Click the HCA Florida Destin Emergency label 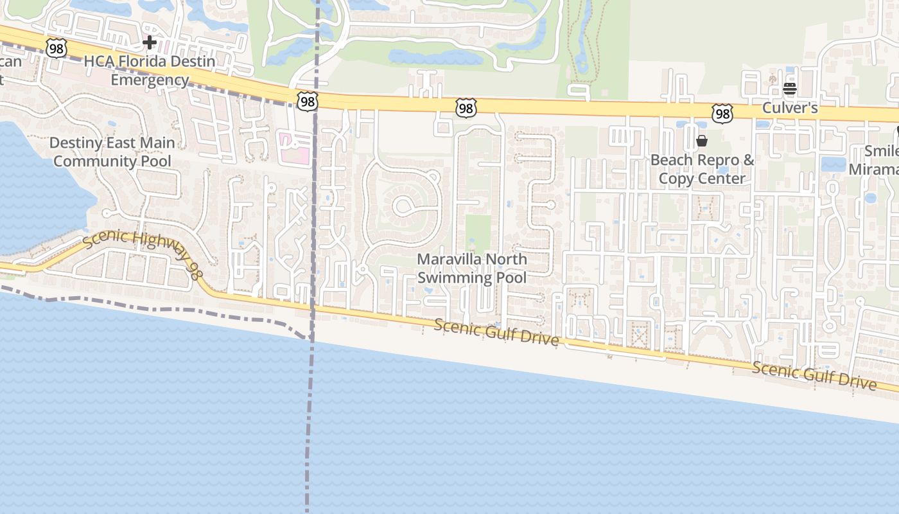(150, 71)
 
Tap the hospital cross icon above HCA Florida (150, 43)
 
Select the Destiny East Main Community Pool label (112, 152)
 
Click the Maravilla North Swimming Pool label (472, 269)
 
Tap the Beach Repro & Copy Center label (702, 169)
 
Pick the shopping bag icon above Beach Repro (702, 141)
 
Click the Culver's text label (790, 108)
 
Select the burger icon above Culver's (790, 89)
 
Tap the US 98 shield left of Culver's (722, 114)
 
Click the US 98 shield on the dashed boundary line (307, 101)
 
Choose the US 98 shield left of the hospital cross (57, 48)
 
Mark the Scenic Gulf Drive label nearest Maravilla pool (496, 332)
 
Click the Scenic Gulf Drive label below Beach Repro (814, 375)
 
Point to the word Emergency (150, 80)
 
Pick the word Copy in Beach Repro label (677, 178)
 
